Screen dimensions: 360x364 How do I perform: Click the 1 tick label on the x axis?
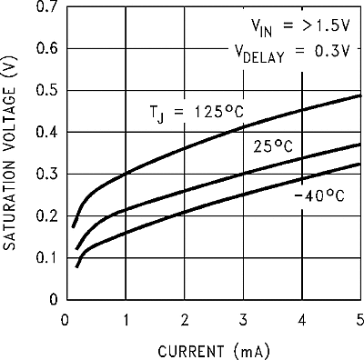125,319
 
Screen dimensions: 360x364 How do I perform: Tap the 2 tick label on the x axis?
184,319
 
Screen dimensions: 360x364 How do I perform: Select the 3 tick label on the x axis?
243,319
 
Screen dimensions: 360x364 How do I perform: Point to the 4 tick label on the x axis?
302,319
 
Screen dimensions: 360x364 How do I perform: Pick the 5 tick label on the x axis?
359,319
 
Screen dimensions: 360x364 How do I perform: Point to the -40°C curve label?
318,195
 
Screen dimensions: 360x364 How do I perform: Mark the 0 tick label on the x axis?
65,319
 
